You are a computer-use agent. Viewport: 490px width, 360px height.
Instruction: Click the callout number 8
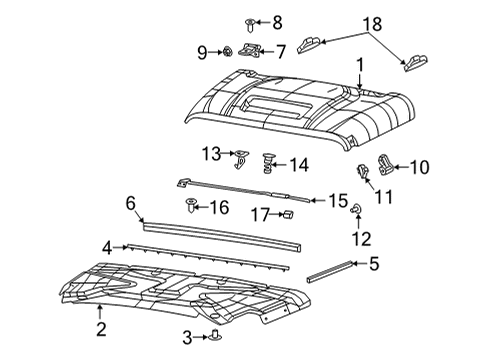click(x=277, y=21)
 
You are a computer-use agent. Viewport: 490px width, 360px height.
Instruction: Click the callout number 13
click(x=211, y=153)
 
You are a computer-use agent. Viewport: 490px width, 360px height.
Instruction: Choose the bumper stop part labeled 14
click(x=267, y=161)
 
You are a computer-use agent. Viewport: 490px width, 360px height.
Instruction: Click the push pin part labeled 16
click(x=191, y=207)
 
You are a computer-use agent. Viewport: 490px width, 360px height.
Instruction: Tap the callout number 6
click(x=130, y=203)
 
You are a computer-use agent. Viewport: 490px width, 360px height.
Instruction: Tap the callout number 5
click(x=373, y=265)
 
